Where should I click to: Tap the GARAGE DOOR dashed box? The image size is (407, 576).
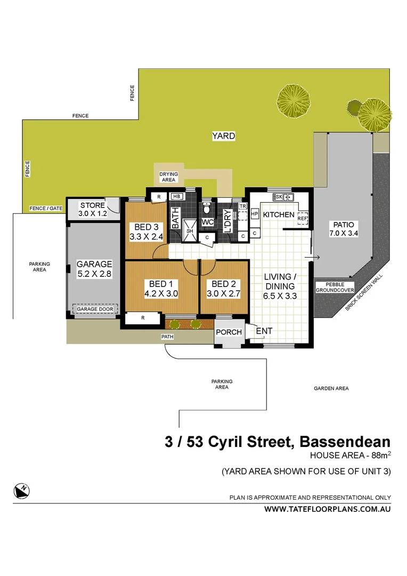click(x=95, y=309)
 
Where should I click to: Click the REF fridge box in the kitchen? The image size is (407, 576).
click(x=303, y=219)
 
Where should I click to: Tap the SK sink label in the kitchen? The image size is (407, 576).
click(x=279, y=197)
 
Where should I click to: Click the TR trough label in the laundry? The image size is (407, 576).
click(x=242, y=206)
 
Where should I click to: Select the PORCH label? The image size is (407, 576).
click(x=229, y=332)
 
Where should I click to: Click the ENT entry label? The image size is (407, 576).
click(x=264, y=331)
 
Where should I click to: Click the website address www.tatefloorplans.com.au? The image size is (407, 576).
click(x=328, y=509)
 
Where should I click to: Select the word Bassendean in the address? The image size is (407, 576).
click(x=345, y=442)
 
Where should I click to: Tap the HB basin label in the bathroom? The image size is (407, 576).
click(x=176, y=196)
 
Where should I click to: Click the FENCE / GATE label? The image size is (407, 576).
click(x=44, y=209)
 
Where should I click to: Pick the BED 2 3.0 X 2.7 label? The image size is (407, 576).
click(x=224, y=289)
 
